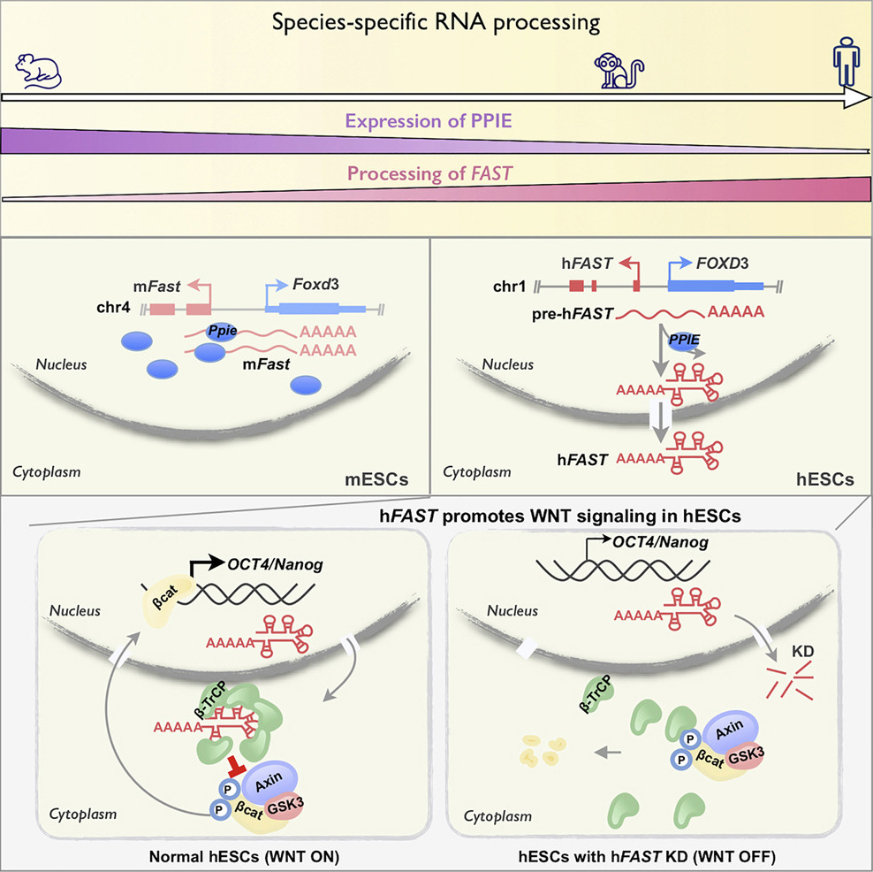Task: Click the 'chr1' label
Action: pos(512,286)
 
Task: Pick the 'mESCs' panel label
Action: pos(375,482)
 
